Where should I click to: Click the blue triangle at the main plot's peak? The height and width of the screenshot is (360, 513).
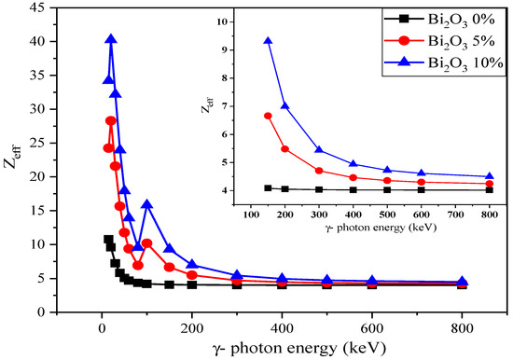pyautogui.click(x=111, y=39)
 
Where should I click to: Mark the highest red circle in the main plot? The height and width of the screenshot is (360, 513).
pyautogui.click(x=110, y=120)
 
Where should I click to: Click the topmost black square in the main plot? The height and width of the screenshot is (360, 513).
pyautogui.click(x=107, y=239)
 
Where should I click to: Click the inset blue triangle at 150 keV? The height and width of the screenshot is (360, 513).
pyautogui.click(x=268, y=41)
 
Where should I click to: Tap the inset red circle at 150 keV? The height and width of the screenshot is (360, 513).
pyautogui.click(x=268, y=116)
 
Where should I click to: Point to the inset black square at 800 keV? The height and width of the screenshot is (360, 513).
pyautogui.click(x=490, y=189)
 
